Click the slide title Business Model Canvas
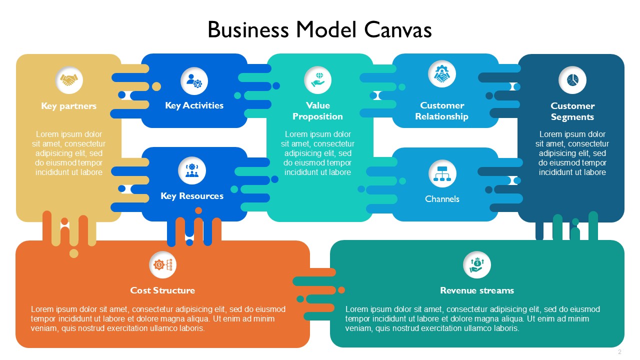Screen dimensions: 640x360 319,29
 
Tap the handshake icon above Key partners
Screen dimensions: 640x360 69,80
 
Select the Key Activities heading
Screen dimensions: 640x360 194,105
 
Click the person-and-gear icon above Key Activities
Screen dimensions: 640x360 194,81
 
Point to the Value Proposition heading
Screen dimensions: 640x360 317,111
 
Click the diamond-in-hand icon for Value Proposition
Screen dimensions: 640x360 318,79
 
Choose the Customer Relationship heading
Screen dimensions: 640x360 441,111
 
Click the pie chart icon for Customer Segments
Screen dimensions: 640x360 572,80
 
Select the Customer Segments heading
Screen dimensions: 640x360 572,111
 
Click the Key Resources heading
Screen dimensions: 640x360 192,196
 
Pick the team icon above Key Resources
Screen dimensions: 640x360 192,170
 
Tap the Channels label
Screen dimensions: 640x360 442,199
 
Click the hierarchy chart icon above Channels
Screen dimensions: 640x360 442,173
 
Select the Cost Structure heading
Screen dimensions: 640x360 162,290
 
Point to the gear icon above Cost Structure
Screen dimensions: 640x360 163,265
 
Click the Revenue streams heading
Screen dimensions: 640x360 477,290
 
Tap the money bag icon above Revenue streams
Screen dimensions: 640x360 477,265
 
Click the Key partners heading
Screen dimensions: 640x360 69,106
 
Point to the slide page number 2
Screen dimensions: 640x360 619,351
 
